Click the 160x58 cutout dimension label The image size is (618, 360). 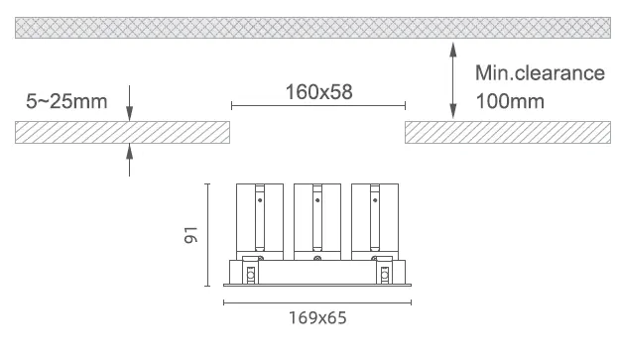tap(318, 92)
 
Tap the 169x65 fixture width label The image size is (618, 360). tap(317, 318)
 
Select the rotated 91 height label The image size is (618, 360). tap(190, 235)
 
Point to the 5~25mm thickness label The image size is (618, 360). tap(66, 101)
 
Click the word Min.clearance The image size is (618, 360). tap(540, 73)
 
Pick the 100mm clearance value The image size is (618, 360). tap(510, 101)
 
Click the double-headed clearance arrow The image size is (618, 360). tap(453, 80)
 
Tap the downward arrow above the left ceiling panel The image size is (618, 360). tap(129, 103)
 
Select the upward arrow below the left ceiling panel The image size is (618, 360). tap(129, 160)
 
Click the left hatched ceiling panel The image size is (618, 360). tap(123, 132)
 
